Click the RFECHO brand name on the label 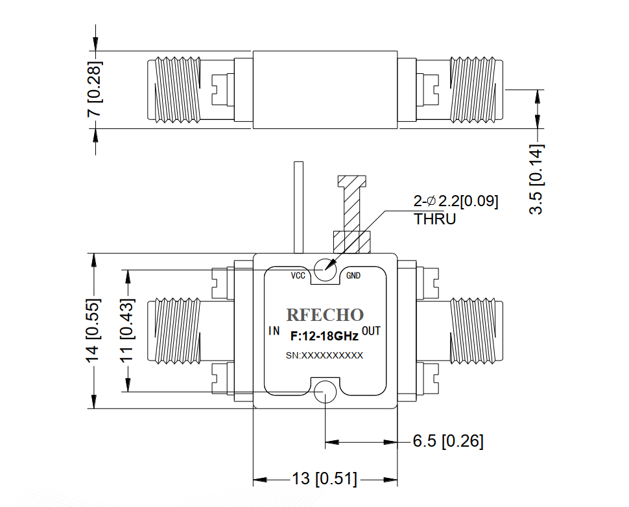click(325, 315)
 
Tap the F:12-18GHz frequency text click(324, 336)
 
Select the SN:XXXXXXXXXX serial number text click(324, 355)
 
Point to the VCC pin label click(298, 276)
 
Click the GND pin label click(353, 276)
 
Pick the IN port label click(274, 331)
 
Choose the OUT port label click(371, 331)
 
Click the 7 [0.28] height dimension click(95, 89)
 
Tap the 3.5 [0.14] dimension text click(536, 180)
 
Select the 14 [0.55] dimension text click(93, 331)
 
